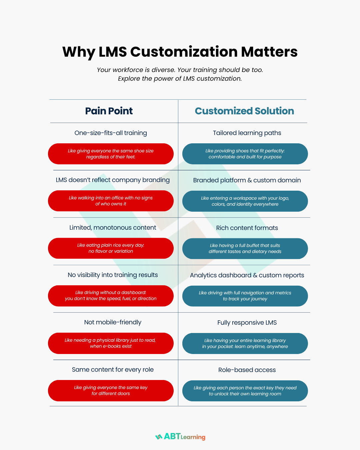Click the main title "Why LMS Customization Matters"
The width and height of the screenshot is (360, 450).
[x=180, y=52]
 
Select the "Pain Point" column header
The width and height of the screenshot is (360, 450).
[x=109, y=111]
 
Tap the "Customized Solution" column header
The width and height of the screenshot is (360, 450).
[x=244, y=111]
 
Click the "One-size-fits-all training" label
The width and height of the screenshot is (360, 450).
[x=111, y=133]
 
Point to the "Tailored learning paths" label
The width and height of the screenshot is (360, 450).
[x=247, y=133]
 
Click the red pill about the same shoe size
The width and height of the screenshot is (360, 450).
[x=111, y=154]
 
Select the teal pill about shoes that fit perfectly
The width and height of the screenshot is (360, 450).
[x=245, y=154]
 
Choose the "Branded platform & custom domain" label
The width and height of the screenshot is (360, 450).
[x=247, y=180]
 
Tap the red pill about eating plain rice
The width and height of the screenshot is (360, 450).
[x=111, y=248]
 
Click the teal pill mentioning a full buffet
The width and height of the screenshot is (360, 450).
[x=245, y=249]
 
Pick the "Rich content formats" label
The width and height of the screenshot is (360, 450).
[x=247, y=228]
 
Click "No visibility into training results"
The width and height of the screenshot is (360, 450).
[x=113, y=275]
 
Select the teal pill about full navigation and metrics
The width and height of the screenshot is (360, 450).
[x=245, y=296]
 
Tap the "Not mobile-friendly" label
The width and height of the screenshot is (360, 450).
[x=113, y=322]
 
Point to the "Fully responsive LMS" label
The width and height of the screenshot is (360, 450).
[x=247, y=323]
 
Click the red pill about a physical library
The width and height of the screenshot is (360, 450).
[x=111, y=343]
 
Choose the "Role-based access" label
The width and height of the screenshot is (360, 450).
[x=247, y=370]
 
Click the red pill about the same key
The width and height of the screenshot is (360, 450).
[x=111, y=390]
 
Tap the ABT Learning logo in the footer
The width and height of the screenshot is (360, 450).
[x=180, y=437]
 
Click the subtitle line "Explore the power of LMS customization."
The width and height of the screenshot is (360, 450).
[x=180, y=79]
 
